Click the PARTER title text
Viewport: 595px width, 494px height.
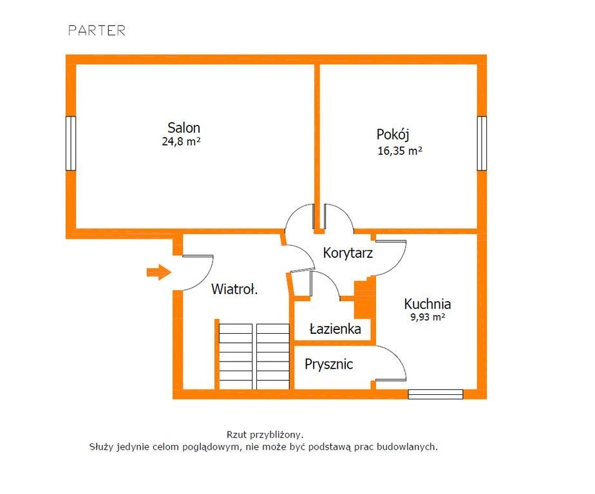coord(97,30)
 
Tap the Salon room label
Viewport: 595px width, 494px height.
coord(184,127)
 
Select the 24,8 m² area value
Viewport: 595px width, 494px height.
coord(181,142)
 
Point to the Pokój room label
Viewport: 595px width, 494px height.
coord(393,134)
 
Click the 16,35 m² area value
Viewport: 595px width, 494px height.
coord(400,151)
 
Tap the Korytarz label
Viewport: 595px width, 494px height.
coord(348,253)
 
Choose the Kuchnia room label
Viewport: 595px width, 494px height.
coord(428,304)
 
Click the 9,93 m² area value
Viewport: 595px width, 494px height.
coord(428,317)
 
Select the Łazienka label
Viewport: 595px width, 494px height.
coord(335,329)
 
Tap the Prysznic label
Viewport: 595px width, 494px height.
coord(328,364)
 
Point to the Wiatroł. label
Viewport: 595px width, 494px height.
coord(234,289)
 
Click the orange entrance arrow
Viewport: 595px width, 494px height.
coord(159,272)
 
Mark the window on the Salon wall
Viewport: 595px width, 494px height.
coord(71,143)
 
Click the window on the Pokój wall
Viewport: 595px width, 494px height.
coord(482,143)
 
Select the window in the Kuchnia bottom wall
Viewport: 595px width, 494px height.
coord(435,394)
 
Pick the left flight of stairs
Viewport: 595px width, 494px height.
coord(236,356)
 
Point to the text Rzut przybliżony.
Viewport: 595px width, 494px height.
coord(265,434)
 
